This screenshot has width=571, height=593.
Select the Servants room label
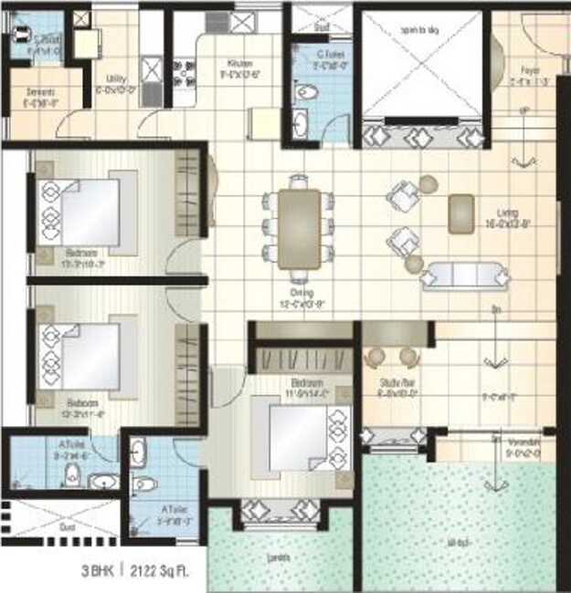pos(41,92)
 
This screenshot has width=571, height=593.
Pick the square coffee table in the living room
pos(461,211)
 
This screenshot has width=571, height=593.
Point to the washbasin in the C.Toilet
pos(302,122)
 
